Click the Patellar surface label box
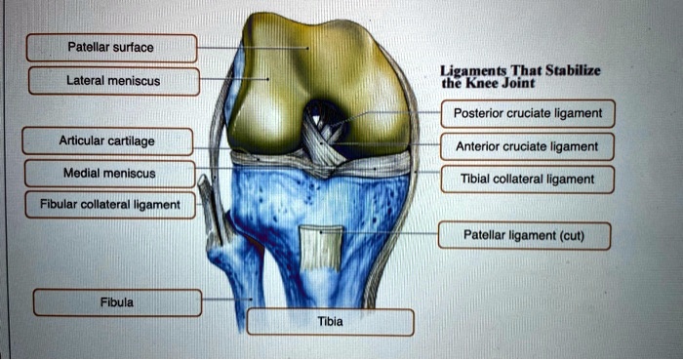click(x=111, y=47)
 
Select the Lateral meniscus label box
click(x=113, y=81)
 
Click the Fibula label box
click(x=117, y=302)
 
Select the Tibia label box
click(x=330, y=322)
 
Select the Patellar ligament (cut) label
click(x=524, y=236)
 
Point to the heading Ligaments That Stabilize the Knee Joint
click(x=520, y=75)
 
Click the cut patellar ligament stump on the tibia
click(x=321, y=248)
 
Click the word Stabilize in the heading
click(x=570, y=69)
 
